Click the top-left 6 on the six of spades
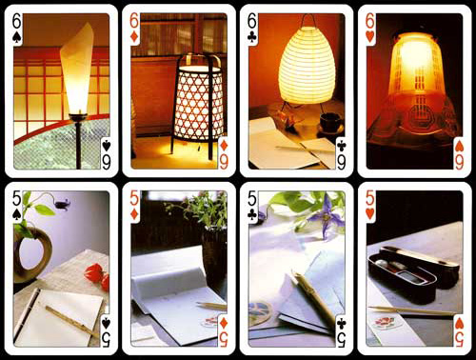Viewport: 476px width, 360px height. tap(16, 22)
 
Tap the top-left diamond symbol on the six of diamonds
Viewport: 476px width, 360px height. tap(134, 37)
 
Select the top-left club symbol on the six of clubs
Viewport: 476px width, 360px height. tap(252, 38)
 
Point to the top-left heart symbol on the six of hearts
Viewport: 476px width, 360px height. tap(370, 37)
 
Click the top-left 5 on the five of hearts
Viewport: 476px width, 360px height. tap(370, 199)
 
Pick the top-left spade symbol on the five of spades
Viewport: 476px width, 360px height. tap(16, 215)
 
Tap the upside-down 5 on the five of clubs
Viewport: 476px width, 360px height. tap(342, 340)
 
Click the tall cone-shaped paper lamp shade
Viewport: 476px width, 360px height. tap(76, 69)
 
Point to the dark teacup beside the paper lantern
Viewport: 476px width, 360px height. tap(329, 122)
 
